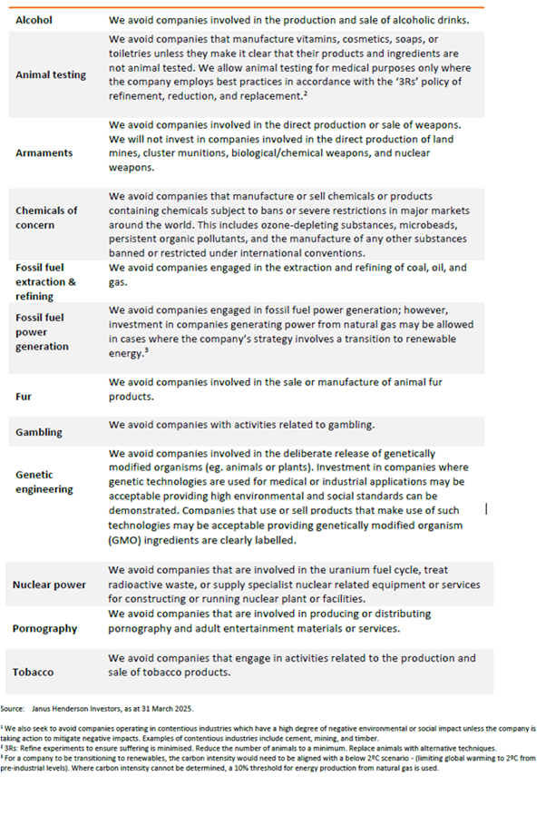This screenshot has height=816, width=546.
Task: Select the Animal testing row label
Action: click(53, 75)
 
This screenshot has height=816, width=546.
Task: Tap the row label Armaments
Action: click(44, 153)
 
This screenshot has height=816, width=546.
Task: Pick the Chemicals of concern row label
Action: click(46, 217)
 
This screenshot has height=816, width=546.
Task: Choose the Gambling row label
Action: click(39, 432)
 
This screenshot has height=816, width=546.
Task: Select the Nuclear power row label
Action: click(50, 585)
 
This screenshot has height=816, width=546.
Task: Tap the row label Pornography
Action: click(44, 628)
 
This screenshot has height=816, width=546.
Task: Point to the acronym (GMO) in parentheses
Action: click(129, 540)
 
